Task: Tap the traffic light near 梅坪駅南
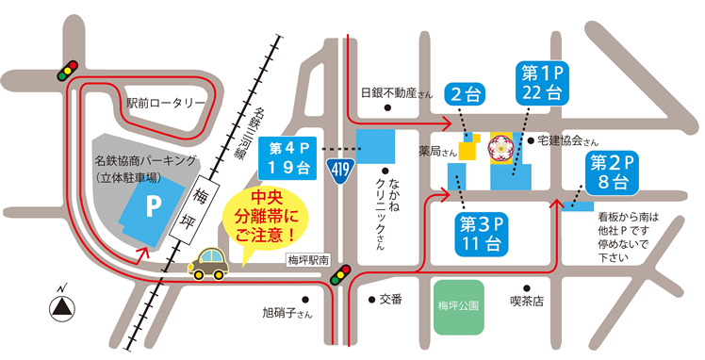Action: point(344,270)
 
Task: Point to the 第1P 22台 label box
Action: point(541,82)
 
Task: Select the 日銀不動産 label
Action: point(396,93)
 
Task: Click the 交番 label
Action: point(390,300)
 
